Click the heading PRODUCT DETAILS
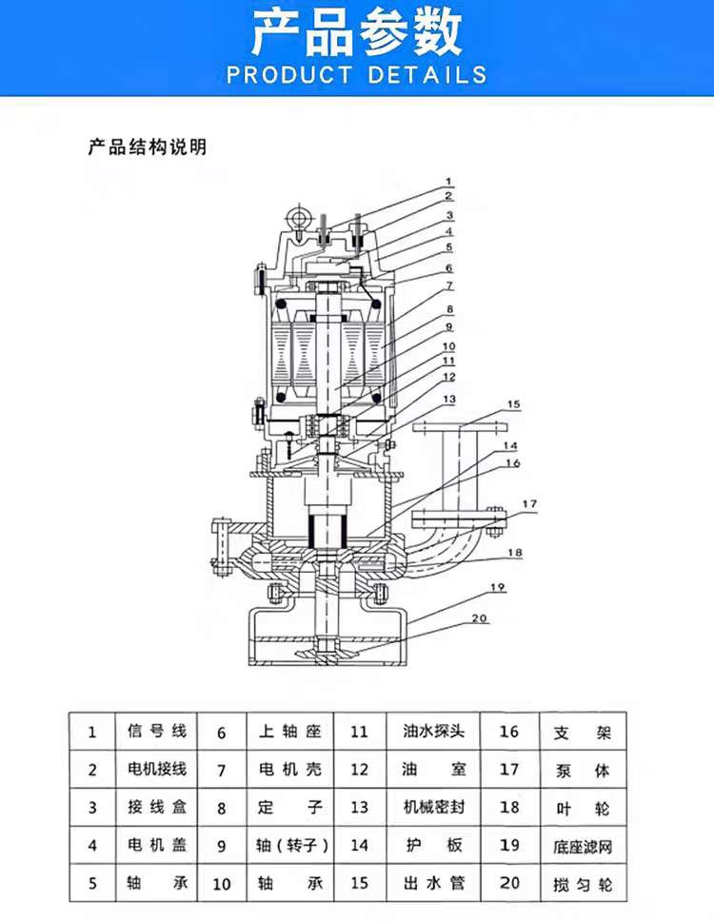[x=357, y=74]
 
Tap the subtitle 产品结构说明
[x=148, y=147]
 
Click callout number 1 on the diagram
[x=448, y=182]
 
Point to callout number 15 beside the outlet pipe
[x=514, y=404]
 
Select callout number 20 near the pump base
[x=480, y=617]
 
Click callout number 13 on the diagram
[x=449, y=400]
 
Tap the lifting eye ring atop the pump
[x=300, y=217]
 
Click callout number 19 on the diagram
[x=497, y=587]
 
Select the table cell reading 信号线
[x=157, y=732]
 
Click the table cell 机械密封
[x=434, y=807]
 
